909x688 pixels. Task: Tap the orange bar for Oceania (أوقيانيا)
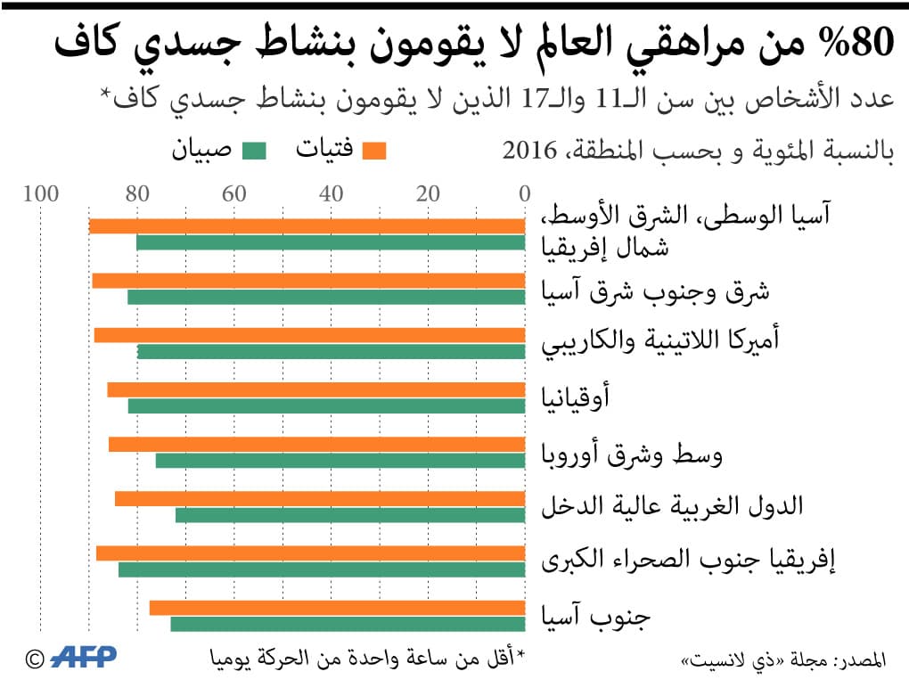316,389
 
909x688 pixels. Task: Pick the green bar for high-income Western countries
350,515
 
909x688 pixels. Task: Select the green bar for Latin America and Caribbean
331,352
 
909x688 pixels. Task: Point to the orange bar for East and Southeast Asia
308,281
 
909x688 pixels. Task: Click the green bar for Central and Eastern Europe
340,461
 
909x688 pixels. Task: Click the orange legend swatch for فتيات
375,152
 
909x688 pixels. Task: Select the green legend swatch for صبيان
254,152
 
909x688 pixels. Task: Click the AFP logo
84,658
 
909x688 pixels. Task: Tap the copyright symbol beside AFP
35,659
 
